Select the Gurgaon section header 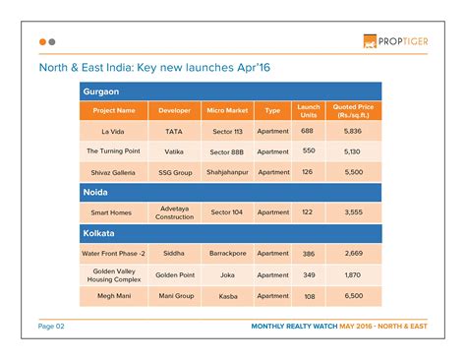[103, 90]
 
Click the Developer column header [175, 110]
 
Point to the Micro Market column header [227, 110]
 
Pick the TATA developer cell [175, 131]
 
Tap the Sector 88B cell [227, 151]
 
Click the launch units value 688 [308, 131]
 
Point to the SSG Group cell [175, 172]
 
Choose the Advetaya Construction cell [175, 212]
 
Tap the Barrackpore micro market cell [227, 254]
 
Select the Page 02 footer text [52, 327]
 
